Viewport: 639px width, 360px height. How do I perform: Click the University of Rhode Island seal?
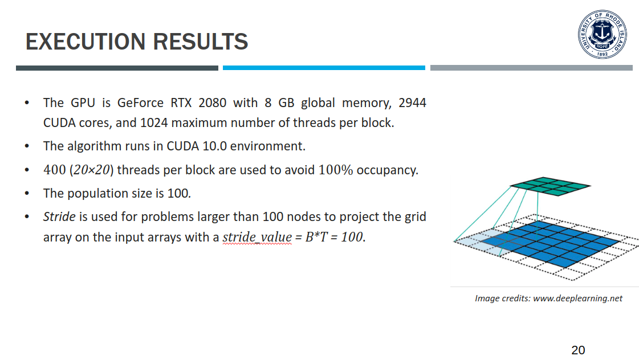click(603, 34)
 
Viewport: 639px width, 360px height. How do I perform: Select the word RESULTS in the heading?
click(201, 42)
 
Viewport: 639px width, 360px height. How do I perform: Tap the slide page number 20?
click(578, 350)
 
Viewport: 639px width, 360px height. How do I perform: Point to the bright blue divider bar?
click(324, 68)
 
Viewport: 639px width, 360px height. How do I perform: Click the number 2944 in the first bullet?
click(413, 103)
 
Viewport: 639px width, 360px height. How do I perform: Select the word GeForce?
click(140, 103)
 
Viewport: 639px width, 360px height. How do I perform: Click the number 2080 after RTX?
click(212, 103)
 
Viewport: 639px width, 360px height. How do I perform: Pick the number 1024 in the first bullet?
click(154, 122)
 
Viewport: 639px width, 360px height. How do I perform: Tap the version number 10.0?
click(214, 146)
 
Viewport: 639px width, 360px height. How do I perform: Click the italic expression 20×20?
click(92, 170)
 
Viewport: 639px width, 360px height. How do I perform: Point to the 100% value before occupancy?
click(335, 170)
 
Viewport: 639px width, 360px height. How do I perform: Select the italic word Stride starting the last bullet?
click(59, 216)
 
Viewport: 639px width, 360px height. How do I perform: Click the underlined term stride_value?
click(257, 237)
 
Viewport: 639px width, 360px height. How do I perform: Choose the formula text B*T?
click(316, 237)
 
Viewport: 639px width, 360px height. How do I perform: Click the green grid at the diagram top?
click(550, 186)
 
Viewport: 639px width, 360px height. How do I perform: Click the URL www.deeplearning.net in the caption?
click(578, 298)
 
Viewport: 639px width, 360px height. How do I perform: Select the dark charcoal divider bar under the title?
click(117, 68)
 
